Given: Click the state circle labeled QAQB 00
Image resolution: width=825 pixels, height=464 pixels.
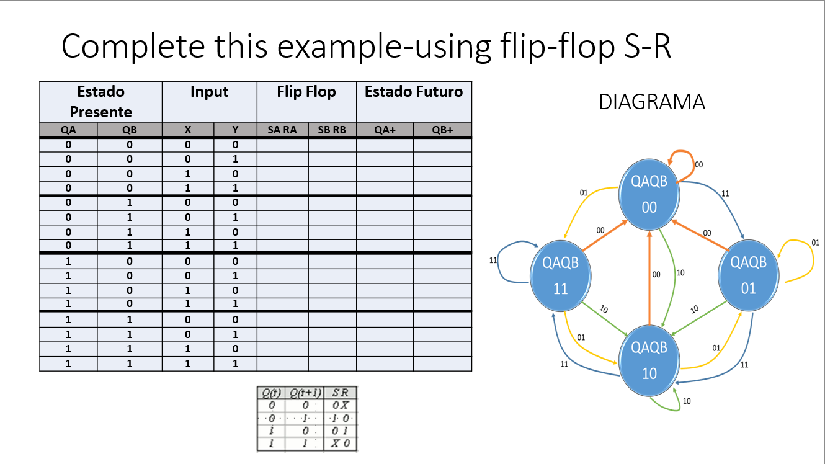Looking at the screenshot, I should pos(649,194).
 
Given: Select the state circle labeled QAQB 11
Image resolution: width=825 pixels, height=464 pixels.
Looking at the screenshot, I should pos(560,276).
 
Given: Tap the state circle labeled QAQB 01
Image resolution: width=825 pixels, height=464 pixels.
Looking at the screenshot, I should pos(748,276).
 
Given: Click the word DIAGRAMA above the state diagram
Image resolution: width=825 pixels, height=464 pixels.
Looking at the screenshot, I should pos(651,102).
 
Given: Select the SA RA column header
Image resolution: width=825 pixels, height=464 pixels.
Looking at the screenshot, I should pos(282,130).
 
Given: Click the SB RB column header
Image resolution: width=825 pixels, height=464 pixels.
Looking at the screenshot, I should pos(332,130).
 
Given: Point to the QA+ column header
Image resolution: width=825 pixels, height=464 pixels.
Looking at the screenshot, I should pos(385,130).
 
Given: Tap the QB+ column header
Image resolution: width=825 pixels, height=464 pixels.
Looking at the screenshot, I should pos(442,130).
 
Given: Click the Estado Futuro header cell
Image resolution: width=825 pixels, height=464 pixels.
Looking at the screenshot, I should pos(414,92).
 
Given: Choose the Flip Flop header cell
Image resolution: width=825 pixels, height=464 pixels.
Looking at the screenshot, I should pos(306,92).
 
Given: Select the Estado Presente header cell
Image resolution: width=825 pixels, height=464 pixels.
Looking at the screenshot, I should pos(100,102).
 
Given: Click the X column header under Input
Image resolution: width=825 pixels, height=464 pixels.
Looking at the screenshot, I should pos(188,130).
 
